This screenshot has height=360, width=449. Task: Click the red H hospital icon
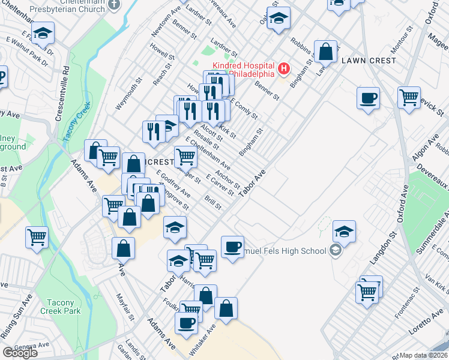[x=283, y=70]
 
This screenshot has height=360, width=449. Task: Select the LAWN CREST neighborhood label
[x=369, y=61]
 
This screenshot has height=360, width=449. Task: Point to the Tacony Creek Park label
[x=61, y=307]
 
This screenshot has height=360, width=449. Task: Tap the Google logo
[x=20, y=352]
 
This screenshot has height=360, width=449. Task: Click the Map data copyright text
[x=424, y=355]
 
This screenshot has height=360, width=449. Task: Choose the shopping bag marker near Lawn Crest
[x=325, y=52]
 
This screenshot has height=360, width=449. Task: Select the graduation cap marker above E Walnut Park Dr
[x=43, y=32]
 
